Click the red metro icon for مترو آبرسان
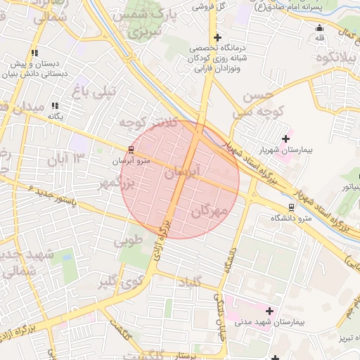(x=131, y=149)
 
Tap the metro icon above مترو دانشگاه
(x=291, y=207)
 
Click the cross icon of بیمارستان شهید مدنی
(x=269, y=310)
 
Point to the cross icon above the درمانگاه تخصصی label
(x=217, y=37)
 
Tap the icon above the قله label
(x=321, y=28)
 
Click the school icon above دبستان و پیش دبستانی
(x=34, y=53)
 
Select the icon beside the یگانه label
(x=55, y=105)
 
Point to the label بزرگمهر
(x=115, y=184)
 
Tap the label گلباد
(x=194, y=281)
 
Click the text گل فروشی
(x=214, y=6)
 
